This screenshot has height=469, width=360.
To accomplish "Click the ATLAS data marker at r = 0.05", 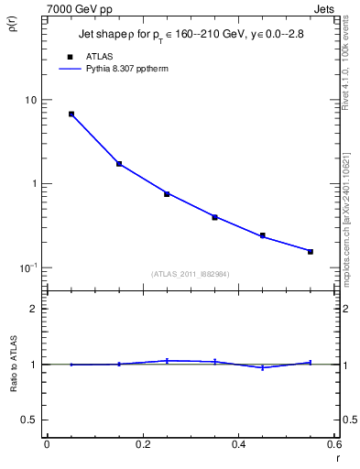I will [71, 115].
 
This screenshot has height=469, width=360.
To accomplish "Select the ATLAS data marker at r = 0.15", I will [119, 164].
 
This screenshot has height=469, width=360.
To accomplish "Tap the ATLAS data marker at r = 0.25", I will [167, 193].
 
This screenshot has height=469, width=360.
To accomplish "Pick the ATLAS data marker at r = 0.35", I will [214, 217].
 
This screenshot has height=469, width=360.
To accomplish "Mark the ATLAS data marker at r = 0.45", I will [262, 235].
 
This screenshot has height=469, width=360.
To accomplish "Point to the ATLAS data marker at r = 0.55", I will [311, 251].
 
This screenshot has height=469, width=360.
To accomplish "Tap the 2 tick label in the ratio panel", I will [34, 309].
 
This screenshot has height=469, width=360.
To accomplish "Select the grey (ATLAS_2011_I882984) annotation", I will [191, 273].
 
